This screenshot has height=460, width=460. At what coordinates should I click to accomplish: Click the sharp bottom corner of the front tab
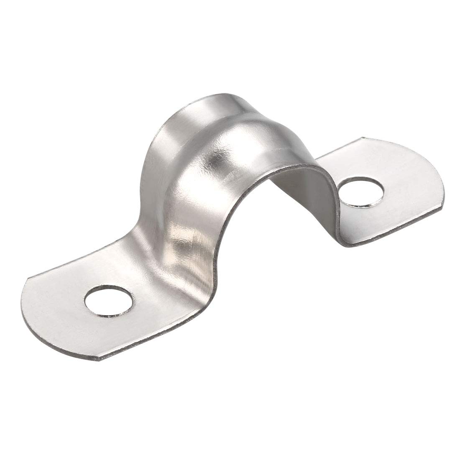[102, 360]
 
